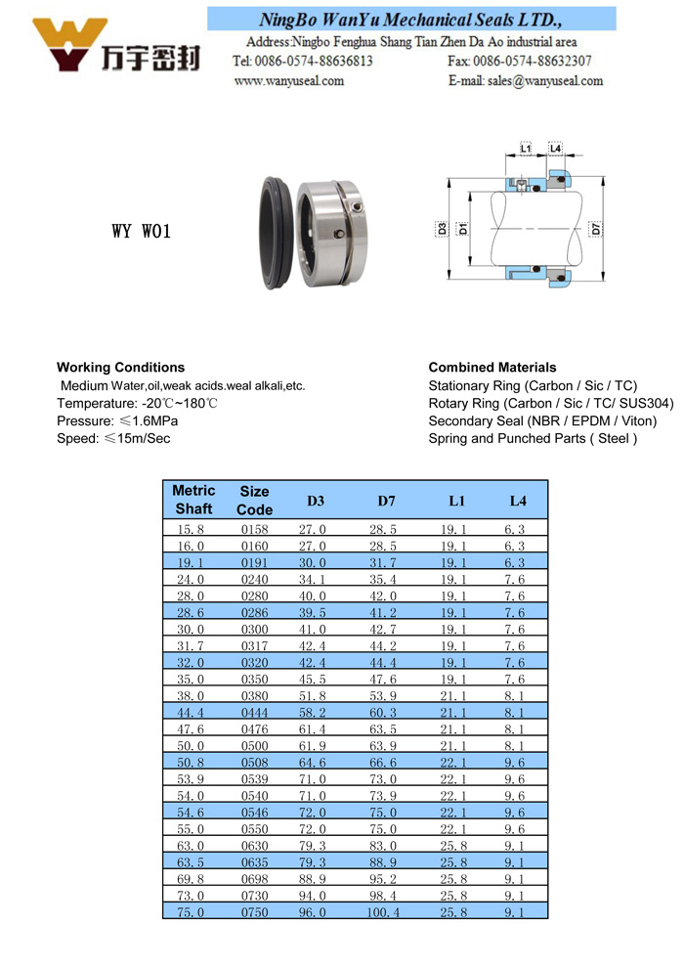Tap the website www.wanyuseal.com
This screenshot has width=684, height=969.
click(289, 81)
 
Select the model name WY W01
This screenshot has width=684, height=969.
click(142, 232)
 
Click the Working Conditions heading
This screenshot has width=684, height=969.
click(120, 368)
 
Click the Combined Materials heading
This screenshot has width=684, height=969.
click(492, 368)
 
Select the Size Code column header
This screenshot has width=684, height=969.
click(254, 501)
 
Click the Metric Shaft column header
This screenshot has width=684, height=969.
click(193, 500)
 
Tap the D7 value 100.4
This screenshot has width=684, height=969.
click(383, 912)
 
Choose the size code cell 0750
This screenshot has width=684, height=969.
click(254, 912)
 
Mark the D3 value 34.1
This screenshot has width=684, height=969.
click(313, 579)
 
